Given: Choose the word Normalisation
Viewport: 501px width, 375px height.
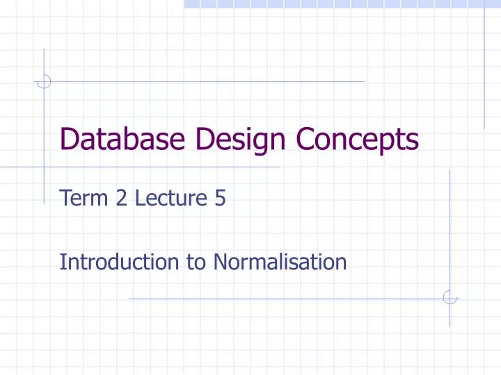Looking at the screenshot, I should coord(280,262).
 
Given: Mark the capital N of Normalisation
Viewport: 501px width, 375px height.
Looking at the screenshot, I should coord(221,262).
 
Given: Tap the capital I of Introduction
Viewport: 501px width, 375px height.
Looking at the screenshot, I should coord(63,262).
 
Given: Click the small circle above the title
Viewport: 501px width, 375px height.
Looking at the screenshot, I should coord(44,81).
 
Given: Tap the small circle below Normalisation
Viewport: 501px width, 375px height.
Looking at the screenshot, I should coord(450,298).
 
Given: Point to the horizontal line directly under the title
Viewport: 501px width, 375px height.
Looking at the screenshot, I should coord(139,167).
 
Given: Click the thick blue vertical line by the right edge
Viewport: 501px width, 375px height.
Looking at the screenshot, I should coord(484,66).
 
